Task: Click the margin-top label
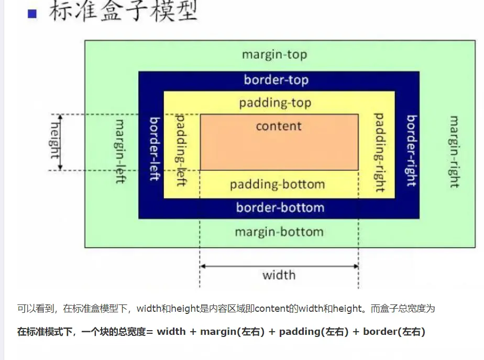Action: click(x=274, y=54)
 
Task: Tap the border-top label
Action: click(x=276, y=80)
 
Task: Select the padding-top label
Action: click(x=275, y=103)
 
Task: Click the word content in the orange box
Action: click(x=279, y=126)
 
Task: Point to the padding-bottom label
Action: click(x=277, y=184)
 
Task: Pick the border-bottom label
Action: click(x=280, y=208)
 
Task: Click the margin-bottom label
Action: click(x=279, y=232)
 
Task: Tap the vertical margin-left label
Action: click(x=120, y=151)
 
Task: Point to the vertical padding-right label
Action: click(x=379, y=152)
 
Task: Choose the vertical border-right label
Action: click(x=412, y=151)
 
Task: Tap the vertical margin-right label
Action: click(x=454, y=152)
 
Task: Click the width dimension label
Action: click(x=279, y=275)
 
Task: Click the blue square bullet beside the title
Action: click(x=32, y=14)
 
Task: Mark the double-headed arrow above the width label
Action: click(x=279, y=266)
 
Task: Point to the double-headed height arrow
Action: click(x=60, y=142)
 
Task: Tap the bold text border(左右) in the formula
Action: click(x=394, y=332)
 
